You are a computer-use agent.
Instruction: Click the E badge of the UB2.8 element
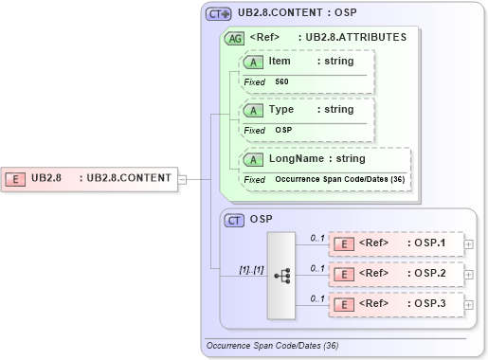point(16,178)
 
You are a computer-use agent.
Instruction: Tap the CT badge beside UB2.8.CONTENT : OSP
point(220,15)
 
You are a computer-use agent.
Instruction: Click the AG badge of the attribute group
point(234,38)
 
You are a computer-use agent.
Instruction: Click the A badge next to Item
point(254,62)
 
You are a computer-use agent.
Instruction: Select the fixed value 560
point(281,81)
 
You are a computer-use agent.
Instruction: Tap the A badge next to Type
point(254,110)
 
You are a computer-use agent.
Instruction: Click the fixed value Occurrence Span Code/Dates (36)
point(340,179)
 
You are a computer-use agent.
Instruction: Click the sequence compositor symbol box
point(281,275)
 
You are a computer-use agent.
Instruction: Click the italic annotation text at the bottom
point(272,347)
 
